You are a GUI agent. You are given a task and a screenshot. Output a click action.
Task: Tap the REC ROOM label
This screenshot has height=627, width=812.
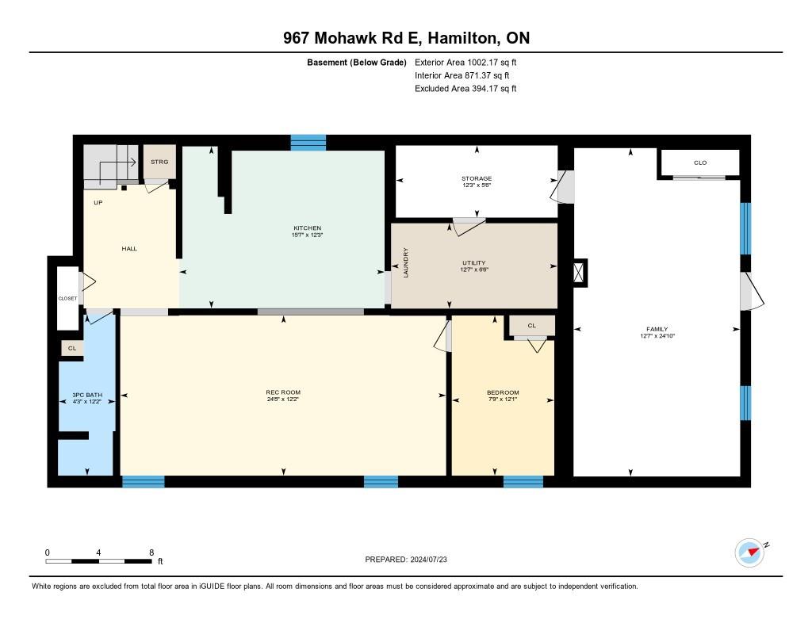tap(283, 392)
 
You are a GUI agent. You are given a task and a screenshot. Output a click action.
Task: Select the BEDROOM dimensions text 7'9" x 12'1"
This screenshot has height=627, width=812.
tap(503, 400)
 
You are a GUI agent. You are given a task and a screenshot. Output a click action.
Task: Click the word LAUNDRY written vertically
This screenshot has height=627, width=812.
tap(405, 262)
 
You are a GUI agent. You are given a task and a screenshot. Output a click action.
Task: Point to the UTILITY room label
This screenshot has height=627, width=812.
tap(473, 262)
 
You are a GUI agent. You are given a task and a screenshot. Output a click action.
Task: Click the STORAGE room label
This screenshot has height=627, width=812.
tap(477, 178)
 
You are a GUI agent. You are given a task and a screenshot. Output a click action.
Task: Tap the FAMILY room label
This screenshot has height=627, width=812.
tap(657, 329)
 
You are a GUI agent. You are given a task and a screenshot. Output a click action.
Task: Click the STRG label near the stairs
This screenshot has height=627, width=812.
tap(159, 161)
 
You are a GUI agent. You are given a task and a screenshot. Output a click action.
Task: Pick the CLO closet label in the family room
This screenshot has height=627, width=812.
tap(700, 162)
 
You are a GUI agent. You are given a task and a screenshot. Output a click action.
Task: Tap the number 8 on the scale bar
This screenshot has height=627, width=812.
tap(151, 552)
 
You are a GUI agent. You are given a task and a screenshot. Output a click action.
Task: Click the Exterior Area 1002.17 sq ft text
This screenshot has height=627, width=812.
tap(465, 62)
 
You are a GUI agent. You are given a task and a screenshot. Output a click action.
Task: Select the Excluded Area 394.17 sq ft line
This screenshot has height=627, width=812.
tap(465, 89)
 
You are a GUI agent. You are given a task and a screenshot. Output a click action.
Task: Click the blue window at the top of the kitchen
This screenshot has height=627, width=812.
tap(308, 143)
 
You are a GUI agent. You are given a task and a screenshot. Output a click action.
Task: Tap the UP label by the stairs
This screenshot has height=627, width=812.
tap(98, 202)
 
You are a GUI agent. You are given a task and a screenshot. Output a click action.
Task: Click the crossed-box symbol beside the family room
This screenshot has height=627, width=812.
tap(580, 272)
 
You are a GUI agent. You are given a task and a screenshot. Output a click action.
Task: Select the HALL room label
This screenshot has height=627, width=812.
tap(129, 249)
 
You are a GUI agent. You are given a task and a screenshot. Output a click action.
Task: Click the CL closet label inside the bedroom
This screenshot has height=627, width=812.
tap(531, 325)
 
